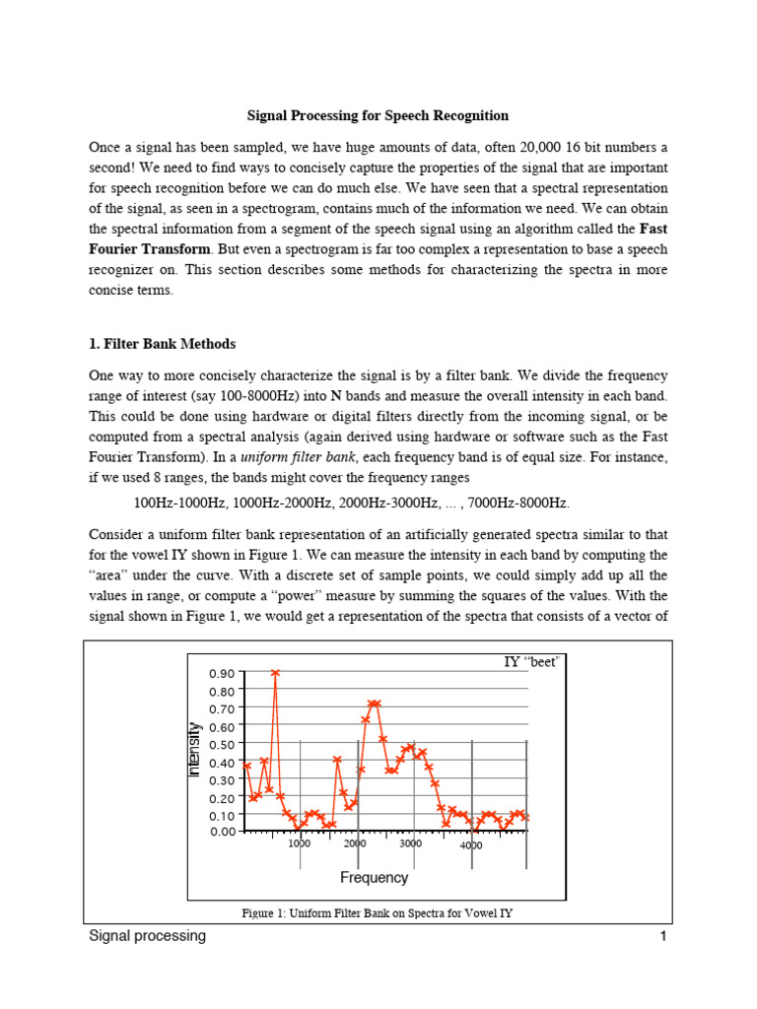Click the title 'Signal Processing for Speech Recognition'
point(378,115)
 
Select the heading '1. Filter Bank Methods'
point(163,344)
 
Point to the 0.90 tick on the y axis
point(222,673)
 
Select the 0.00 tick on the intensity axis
point(222,832)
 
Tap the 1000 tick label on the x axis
point(300,844)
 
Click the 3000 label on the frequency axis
point(410,844)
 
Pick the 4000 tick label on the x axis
point(471,846)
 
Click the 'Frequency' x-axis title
point(374,877)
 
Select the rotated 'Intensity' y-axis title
point(194,750)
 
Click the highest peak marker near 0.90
point(276,673)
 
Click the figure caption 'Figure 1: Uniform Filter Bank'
point(378,913)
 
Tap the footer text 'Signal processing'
point(148,936)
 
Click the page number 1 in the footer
point(663,937)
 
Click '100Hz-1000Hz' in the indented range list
point(179,504)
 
